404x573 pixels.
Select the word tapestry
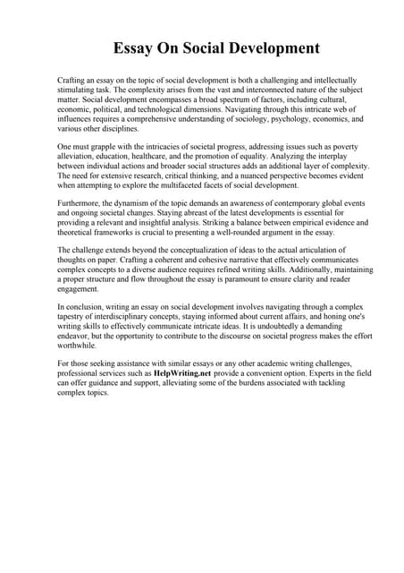pos(72,320)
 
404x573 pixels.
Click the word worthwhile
pos(78,349)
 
